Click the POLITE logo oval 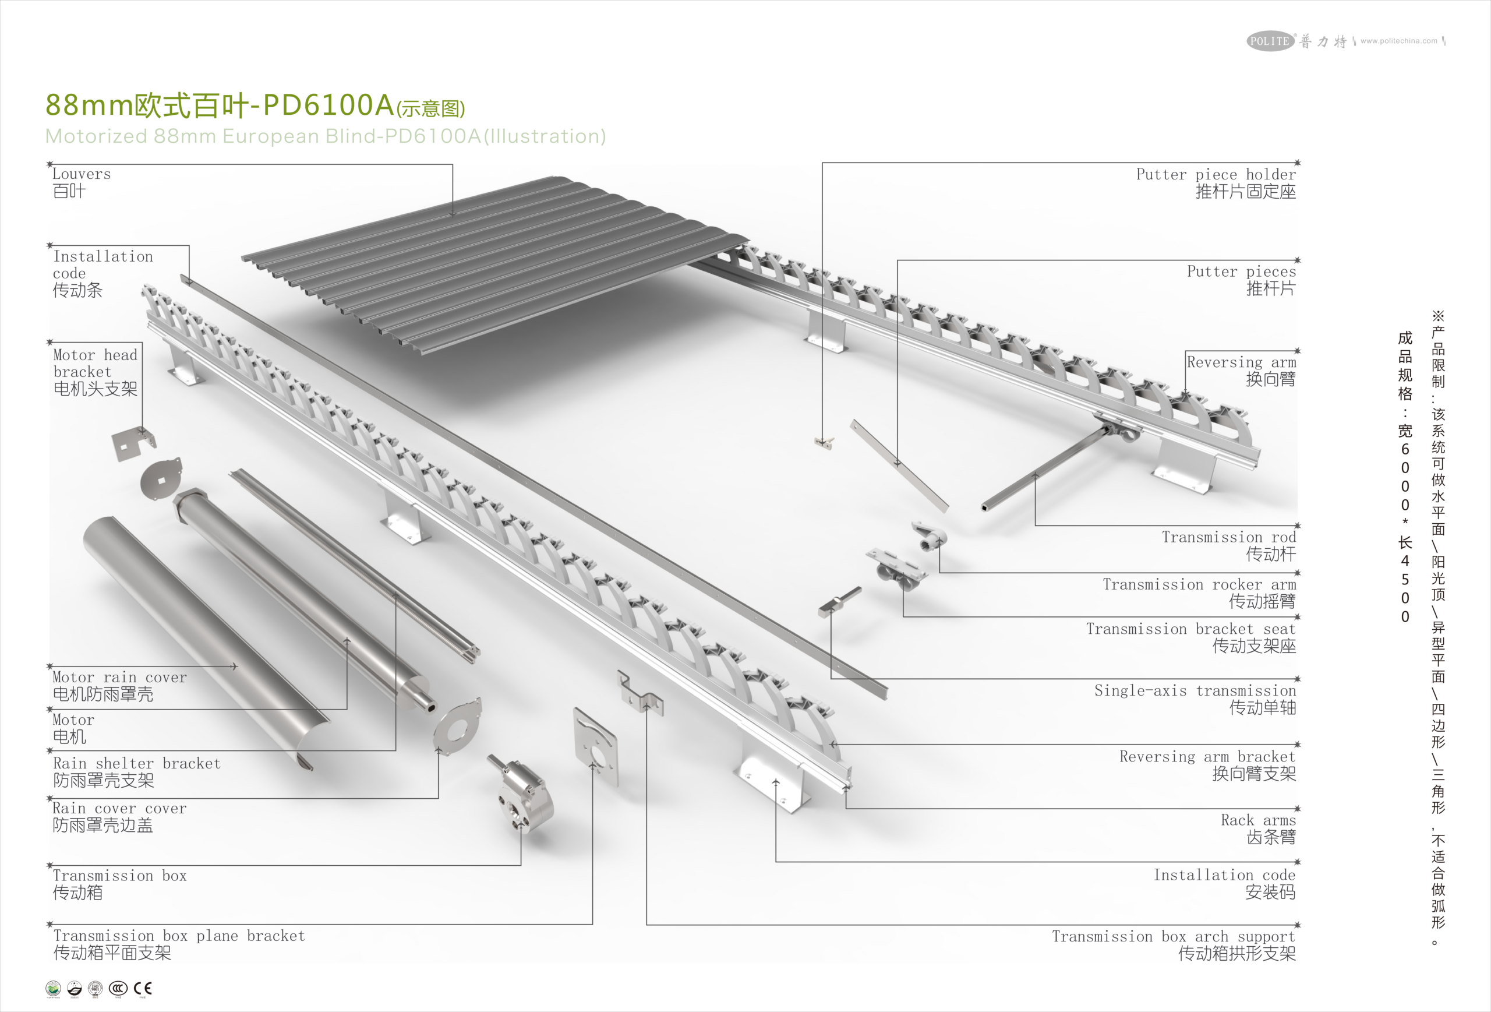click(1270, 41)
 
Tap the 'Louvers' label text click(81, 174)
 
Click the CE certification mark click(143, 988)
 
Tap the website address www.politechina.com click(1398, 41)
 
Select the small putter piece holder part click(824, 442)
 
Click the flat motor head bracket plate click(133, 443)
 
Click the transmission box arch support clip click(640, 694)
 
